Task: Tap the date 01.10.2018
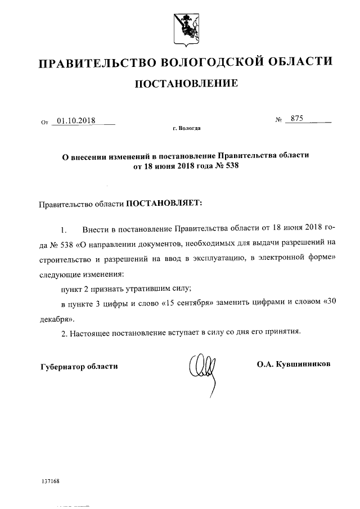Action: [x=76, y=120]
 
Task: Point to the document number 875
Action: [x=293, y=119]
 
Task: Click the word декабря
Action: [x=55, y=317]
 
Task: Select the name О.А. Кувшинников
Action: [x=294, y=364]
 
